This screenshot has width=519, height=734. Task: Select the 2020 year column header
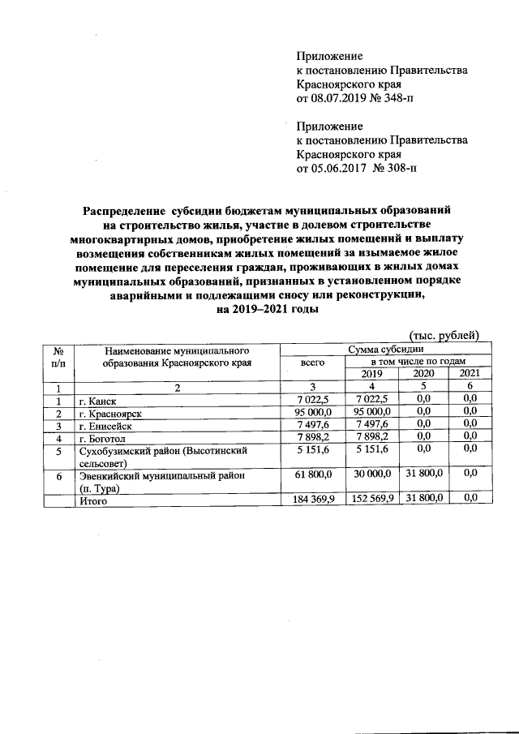pyautogui.click(x=424, y=373)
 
